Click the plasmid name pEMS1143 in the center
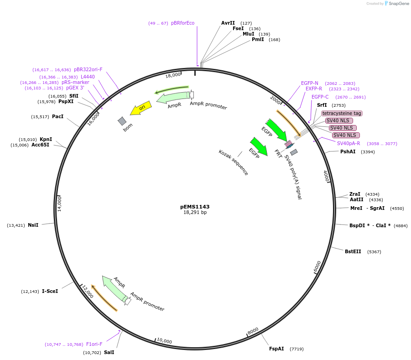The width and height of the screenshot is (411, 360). tap(195, 207)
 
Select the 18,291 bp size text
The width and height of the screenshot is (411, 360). tap(195, 213)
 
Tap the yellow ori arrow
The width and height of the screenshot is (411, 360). tap(141, 109)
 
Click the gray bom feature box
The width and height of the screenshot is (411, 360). tap(122, 121)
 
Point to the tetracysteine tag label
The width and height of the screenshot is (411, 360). tap(342, 113)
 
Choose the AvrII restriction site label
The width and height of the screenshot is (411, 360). tap(228, 23)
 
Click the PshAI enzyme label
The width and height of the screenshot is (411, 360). tap(348, 151)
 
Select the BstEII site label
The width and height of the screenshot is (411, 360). tap(353, 251)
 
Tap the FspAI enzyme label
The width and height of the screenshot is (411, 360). tap(276, 349)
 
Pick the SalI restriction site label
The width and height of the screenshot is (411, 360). tap(109, 352)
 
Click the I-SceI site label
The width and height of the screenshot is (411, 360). tap(50, 291)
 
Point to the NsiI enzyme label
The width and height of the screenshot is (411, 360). tap(33, 225)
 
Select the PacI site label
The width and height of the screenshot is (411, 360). tap(57, 117)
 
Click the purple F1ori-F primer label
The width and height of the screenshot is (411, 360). tap(94, 344)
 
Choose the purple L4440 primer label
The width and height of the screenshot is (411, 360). tap(88, 77)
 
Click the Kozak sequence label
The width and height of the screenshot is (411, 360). tap(234, 162)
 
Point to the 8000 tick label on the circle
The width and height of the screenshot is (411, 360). tap(253, 330)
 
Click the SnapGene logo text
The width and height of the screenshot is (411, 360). tap(399, 4)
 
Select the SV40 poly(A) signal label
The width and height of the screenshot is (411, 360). tap(293, 177)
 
